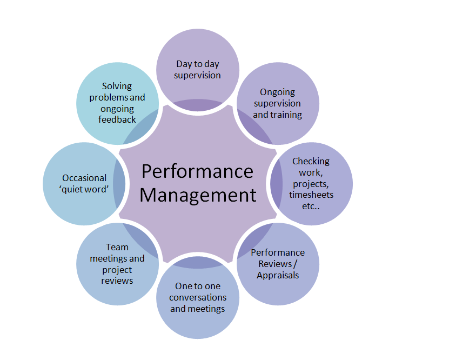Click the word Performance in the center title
pyautogui.click(x=197, y=171)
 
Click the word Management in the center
pyautogui.click(x=198, y=195)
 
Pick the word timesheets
pyautogui.click(x=311, y=195)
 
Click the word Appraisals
pyautogui.click(x=278, y=275)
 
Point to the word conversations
pyautogui.click(x=198, y=297)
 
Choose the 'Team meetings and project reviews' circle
pyautogui.click(x=117, y=263)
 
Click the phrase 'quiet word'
pyautogui.click(x=85, y=189)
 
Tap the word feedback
pyautogui.click(x=117, y=119)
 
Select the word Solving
pyautogui.click(x=117, y=86)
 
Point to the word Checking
pyautogui.click(x=311, y=161)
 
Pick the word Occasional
pyautogui.click(x=84, y=178)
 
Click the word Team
pyautogui.click(x=117, y=248)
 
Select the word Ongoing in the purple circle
pyautogui.click(x=278, y=92)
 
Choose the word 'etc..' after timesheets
pyautogui.click(x=311, y=206)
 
